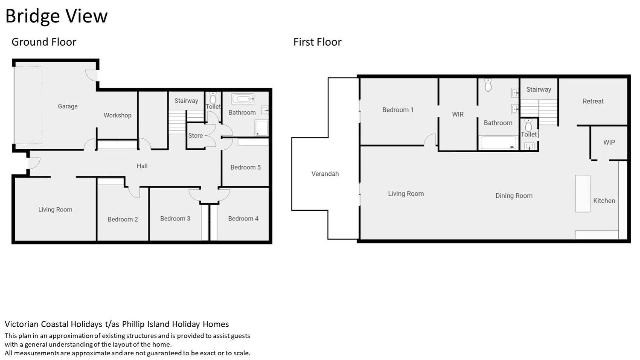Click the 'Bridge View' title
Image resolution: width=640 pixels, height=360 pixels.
[x=57, y=16]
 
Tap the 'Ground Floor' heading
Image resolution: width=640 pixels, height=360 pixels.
[x=44, y=42]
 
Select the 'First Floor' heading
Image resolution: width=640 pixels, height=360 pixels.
[x=317, y=42]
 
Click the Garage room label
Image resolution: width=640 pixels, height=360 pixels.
[x=68, y=106]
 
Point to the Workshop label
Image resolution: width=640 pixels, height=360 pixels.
[x=117, y=115]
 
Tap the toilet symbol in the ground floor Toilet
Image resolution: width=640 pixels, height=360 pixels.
[x=213, y=98]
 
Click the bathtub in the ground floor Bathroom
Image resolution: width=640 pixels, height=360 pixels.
[x=243, y=99]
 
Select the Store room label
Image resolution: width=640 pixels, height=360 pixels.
[x=195, y=136]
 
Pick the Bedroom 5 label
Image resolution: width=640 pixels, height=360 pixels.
[x=245, y=167]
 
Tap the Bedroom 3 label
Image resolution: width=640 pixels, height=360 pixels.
[x=175, y=219]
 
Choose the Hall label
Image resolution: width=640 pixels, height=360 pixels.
[x=142, y=166]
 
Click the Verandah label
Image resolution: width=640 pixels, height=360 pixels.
[x=325, y=174]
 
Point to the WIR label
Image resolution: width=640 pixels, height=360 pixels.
[x=458, y=114]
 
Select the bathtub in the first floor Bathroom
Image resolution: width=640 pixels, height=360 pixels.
[x=498, y=143]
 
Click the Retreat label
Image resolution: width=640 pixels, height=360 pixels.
[x=593, y=101]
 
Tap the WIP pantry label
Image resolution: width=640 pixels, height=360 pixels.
[x=609, y=142]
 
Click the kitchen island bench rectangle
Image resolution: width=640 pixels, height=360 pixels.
[x=583, y=193]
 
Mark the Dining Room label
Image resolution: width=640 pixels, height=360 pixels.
[x=514, y=196]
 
